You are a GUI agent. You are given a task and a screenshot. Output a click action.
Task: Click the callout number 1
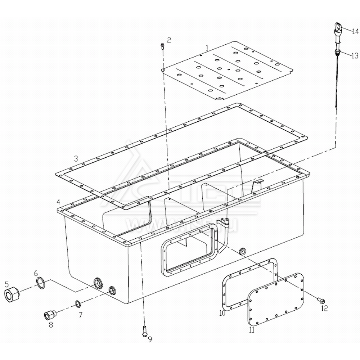(x=207, y=47)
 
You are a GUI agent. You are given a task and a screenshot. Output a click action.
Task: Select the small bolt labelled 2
(x=162, y=46)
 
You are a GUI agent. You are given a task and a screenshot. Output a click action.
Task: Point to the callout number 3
(x=76, y=158)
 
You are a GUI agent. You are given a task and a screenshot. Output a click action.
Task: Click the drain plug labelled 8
(x=49, y=315)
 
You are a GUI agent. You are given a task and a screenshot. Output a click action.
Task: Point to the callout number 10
(x=222, y=313)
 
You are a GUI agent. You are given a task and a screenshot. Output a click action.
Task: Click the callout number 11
(x=252, y=329)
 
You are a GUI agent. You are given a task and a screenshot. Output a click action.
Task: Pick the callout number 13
(x=355, y=55)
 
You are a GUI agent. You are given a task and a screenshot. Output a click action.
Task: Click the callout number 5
(x=7, y=283)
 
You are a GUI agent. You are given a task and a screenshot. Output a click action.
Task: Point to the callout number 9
(x=150, y=339)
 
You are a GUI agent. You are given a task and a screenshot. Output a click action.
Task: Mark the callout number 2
(x=169, y=39)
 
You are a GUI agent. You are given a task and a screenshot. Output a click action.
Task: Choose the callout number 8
(x=51, y=325)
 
